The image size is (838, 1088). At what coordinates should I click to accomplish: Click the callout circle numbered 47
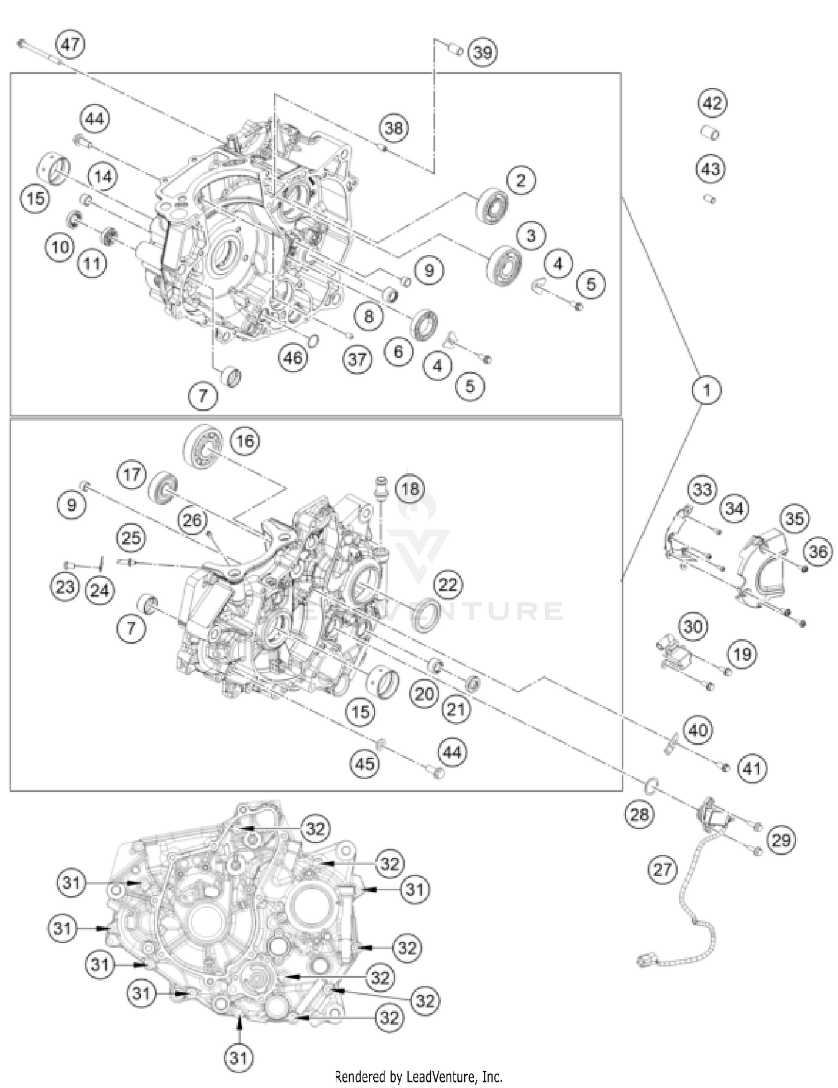[x=70, y=44]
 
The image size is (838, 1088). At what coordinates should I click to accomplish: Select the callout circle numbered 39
[x=482, y=53]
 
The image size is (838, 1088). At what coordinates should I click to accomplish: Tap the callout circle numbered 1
[x=707, y=389]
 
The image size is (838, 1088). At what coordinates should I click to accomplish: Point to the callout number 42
[x=712, y=103]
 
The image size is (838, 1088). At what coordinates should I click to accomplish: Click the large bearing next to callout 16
[x=203, y=446]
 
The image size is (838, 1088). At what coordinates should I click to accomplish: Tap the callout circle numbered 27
[x=663, y=870]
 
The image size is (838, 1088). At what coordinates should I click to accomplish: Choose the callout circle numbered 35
[x=794, y=519]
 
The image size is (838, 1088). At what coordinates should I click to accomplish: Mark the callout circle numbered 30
[x=693, y=626]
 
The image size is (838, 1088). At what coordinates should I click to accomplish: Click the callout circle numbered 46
[x=293, y=357]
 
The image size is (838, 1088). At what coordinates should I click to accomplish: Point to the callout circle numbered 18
[x=410, y=489]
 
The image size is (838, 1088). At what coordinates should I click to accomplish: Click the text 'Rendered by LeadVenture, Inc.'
[x=418, y=1076]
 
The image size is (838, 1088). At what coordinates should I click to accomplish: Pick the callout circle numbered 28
[x=639, y=814]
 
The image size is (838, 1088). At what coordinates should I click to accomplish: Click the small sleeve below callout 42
[x=710, y=134]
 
